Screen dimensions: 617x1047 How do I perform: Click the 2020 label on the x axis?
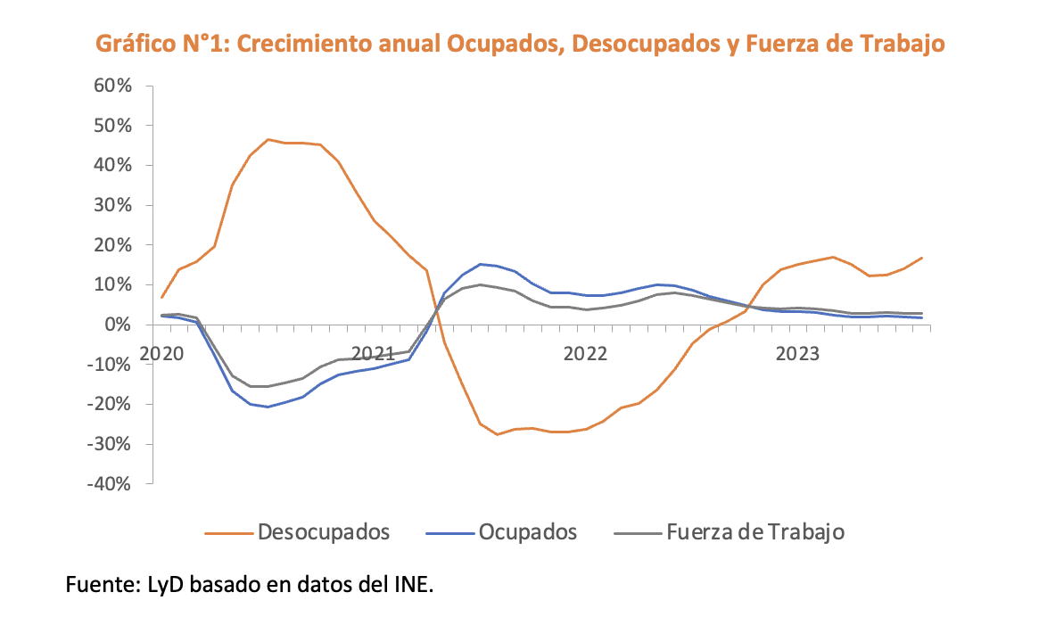pyautogui.click(x=161, y=353)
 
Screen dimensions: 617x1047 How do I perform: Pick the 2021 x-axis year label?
pyautogui.click(x=374, y=353)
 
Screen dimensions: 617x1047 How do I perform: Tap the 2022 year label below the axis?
pyautogui.click(x=585, y=353)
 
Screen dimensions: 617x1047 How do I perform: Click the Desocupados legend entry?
pyautogui.click(x=324, y=533)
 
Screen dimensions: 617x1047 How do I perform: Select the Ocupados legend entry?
pyautogui.click(x=528, y=533)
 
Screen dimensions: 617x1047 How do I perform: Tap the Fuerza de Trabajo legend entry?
pyautogui.click(x=754, y=533)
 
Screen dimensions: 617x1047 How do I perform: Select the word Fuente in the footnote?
pyautogui.click(x=98, y=586)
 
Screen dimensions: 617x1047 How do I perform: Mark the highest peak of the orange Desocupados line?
pyautogui.click(x=268, y=139)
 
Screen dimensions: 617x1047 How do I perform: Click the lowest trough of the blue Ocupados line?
pyautogui.click(x=268, y=407)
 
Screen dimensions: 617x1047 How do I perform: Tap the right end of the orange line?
pyautogui.click(x=922, y=258)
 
